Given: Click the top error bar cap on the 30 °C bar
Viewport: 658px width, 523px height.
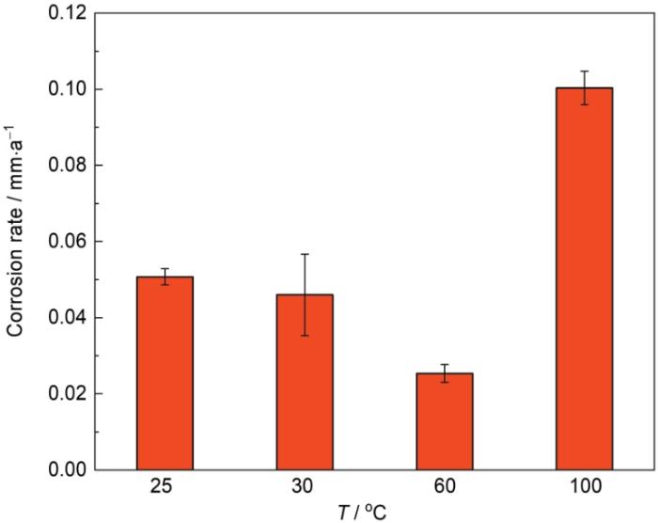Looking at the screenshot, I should [305, 254].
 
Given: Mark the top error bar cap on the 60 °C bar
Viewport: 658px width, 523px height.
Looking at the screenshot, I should [445, 364].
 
